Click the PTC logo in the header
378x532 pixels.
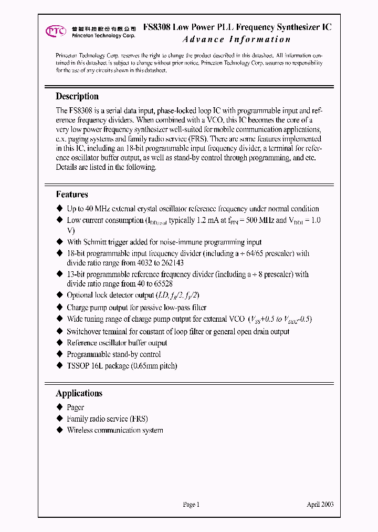(x=55, y=31)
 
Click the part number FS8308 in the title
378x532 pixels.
(x=156, y=27)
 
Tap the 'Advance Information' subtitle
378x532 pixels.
(x=236, y=39)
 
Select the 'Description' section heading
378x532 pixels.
(x=77, y=96)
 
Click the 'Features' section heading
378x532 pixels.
(x=72, y=195)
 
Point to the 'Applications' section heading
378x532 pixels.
(x=79, y=393)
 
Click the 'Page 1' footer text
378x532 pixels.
(x=191, y=505)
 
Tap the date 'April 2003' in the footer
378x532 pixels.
(x=320, y=505)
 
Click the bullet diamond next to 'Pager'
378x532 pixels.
(x=59, y=407)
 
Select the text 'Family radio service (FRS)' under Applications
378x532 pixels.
(x=107, y=419)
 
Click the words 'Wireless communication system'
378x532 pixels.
(x=114, y=431)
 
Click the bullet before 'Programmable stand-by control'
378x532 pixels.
(x=59, y=354)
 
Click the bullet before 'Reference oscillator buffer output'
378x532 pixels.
(x=59, y=343)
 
